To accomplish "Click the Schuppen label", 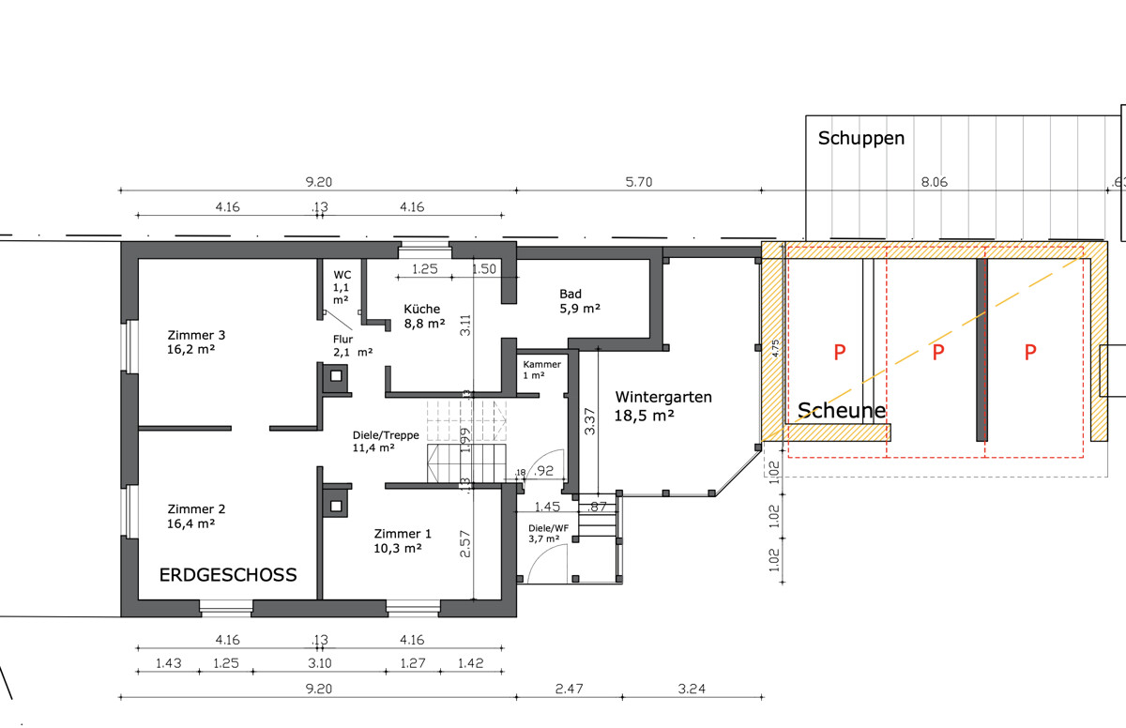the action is [x=861, y=138].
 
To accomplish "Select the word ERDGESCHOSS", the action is [x=228, y=575].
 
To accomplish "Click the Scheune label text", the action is [x=842, y=411].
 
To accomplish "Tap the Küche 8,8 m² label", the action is [x=424, y=316].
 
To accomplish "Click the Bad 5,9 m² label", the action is [x=580, y=301].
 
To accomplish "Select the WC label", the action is [x=342, y=275].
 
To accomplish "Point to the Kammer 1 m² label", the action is [x=541, y=370].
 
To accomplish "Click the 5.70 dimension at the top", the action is [x=638, y=182].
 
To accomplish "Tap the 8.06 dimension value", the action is [x=934, y=182].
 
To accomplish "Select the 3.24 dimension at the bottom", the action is [x=692, y=689].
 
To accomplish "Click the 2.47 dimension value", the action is [x=569, y=689].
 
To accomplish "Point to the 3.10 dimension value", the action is [x=320, y=663].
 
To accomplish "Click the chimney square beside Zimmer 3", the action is [x=335, y=376].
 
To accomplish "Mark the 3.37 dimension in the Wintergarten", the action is [x=589, y=421].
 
